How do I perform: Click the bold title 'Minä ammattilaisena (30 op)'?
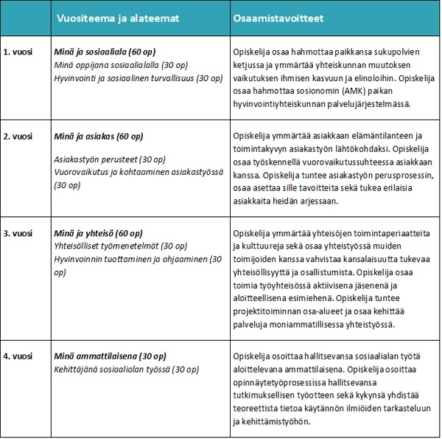108,356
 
